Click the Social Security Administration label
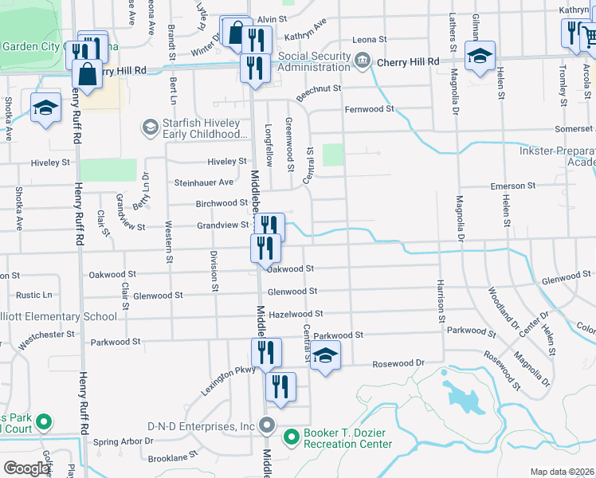(x=314, y=62)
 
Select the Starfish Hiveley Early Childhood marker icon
(x=149, y=127)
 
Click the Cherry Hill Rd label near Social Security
(x=408, y=61)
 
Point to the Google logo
(x=26, y=468)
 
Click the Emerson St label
(x=513, y=186)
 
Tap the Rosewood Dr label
(x=398, y=364)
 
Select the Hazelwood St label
(x=296, y=315)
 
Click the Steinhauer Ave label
(x=204, y=182)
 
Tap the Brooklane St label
(x=172, y=459)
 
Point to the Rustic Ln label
(x=34, y=295)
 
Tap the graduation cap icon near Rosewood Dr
(x=325, y=356)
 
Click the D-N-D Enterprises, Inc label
(x=201, y=425)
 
